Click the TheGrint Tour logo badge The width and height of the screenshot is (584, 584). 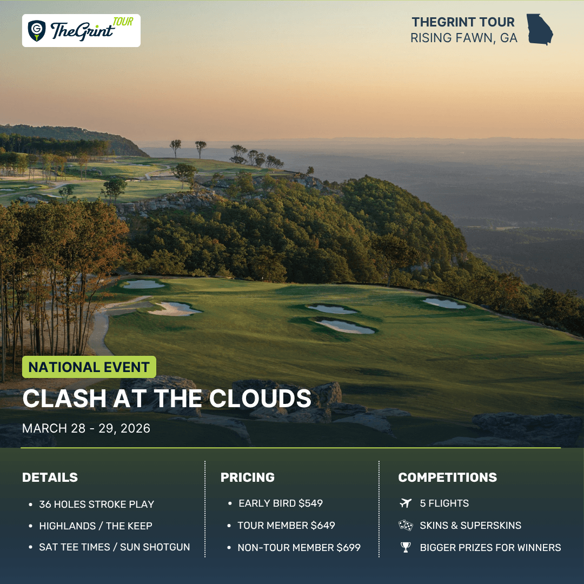click(81, 30)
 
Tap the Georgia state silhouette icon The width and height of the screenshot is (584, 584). click(539, 29)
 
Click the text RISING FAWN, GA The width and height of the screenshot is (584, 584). click(464, 38)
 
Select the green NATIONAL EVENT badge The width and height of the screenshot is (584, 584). click(89, 367)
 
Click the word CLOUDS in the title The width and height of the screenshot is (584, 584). click(260, 399)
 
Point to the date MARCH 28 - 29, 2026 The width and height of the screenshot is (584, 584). click(86, 428)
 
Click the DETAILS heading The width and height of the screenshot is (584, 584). click(50, 477)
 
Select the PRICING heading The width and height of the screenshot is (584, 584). click(247, 477)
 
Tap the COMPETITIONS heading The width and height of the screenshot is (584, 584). click(447, 477)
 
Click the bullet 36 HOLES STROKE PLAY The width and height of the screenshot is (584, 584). click(96, 505)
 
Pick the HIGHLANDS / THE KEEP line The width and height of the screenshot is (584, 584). click(96, 526)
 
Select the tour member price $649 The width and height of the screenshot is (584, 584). click(323, 525)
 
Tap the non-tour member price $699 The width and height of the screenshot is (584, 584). click(349, 547)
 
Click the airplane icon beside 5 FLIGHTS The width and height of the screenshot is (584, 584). click(406, 503)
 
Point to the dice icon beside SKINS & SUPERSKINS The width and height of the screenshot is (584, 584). click(406, 525)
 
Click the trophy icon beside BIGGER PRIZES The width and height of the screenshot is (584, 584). click(406, 547)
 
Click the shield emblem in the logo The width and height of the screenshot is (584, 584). click(37, 30)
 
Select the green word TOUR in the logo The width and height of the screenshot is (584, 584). click(123, 22)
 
